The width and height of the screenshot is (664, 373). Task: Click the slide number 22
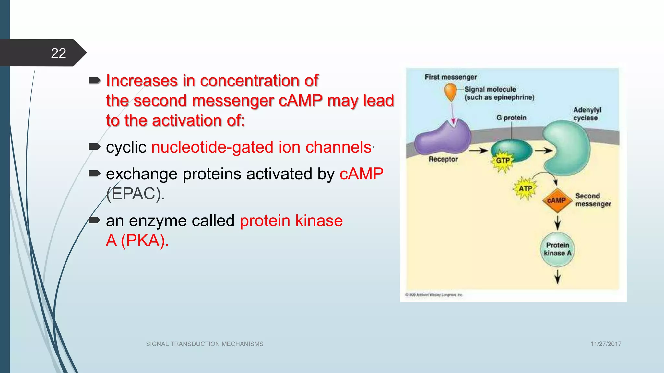58,53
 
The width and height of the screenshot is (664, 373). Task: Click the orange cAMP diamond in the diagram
556,200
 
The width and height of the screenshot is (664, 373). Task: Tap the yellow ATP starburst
525,188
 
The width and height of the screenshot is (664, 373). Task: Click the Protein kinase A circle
557,249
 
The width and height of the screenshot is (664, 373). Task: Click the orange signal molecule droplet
450,91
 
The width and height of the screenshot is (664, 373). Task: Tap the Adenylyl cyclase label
587,114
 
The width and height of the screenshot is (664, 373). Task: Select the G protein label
511,118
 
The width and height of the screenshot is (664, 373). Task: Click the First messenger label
451,77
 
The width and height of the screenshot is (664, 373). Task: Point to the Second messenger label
593,200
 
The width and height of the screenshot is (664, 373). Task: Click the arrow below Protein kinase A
557,277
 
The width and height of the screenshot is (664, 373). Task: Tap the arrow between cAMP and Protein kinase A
557,222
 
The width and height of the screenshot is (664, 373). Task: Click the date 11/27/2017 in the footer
606,344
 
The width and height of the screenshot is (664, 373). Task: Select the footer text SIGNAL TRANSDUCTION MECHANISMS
205,344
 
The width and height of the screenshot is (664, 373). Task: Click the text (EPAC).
136,194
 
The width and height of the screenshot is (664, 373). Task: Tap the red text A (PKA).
137,241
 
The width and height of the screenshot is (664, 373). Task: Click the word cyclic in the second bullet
126,147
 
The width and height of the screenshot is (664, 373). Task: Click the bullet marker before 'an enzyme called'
94,220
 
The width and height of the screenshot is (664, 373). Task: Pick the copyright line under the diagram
434,295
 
